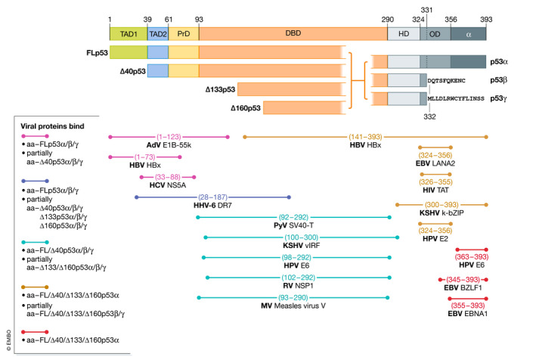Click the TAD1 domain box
point(128,34)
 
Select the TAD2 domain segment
point(157,34)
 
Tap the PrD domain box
point(183,34)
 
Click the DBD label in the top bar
point(293,34)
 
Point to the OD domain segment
point(434,34)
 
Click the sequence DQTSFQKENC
point(451,79)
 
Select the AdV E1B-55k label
point(169,144)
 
